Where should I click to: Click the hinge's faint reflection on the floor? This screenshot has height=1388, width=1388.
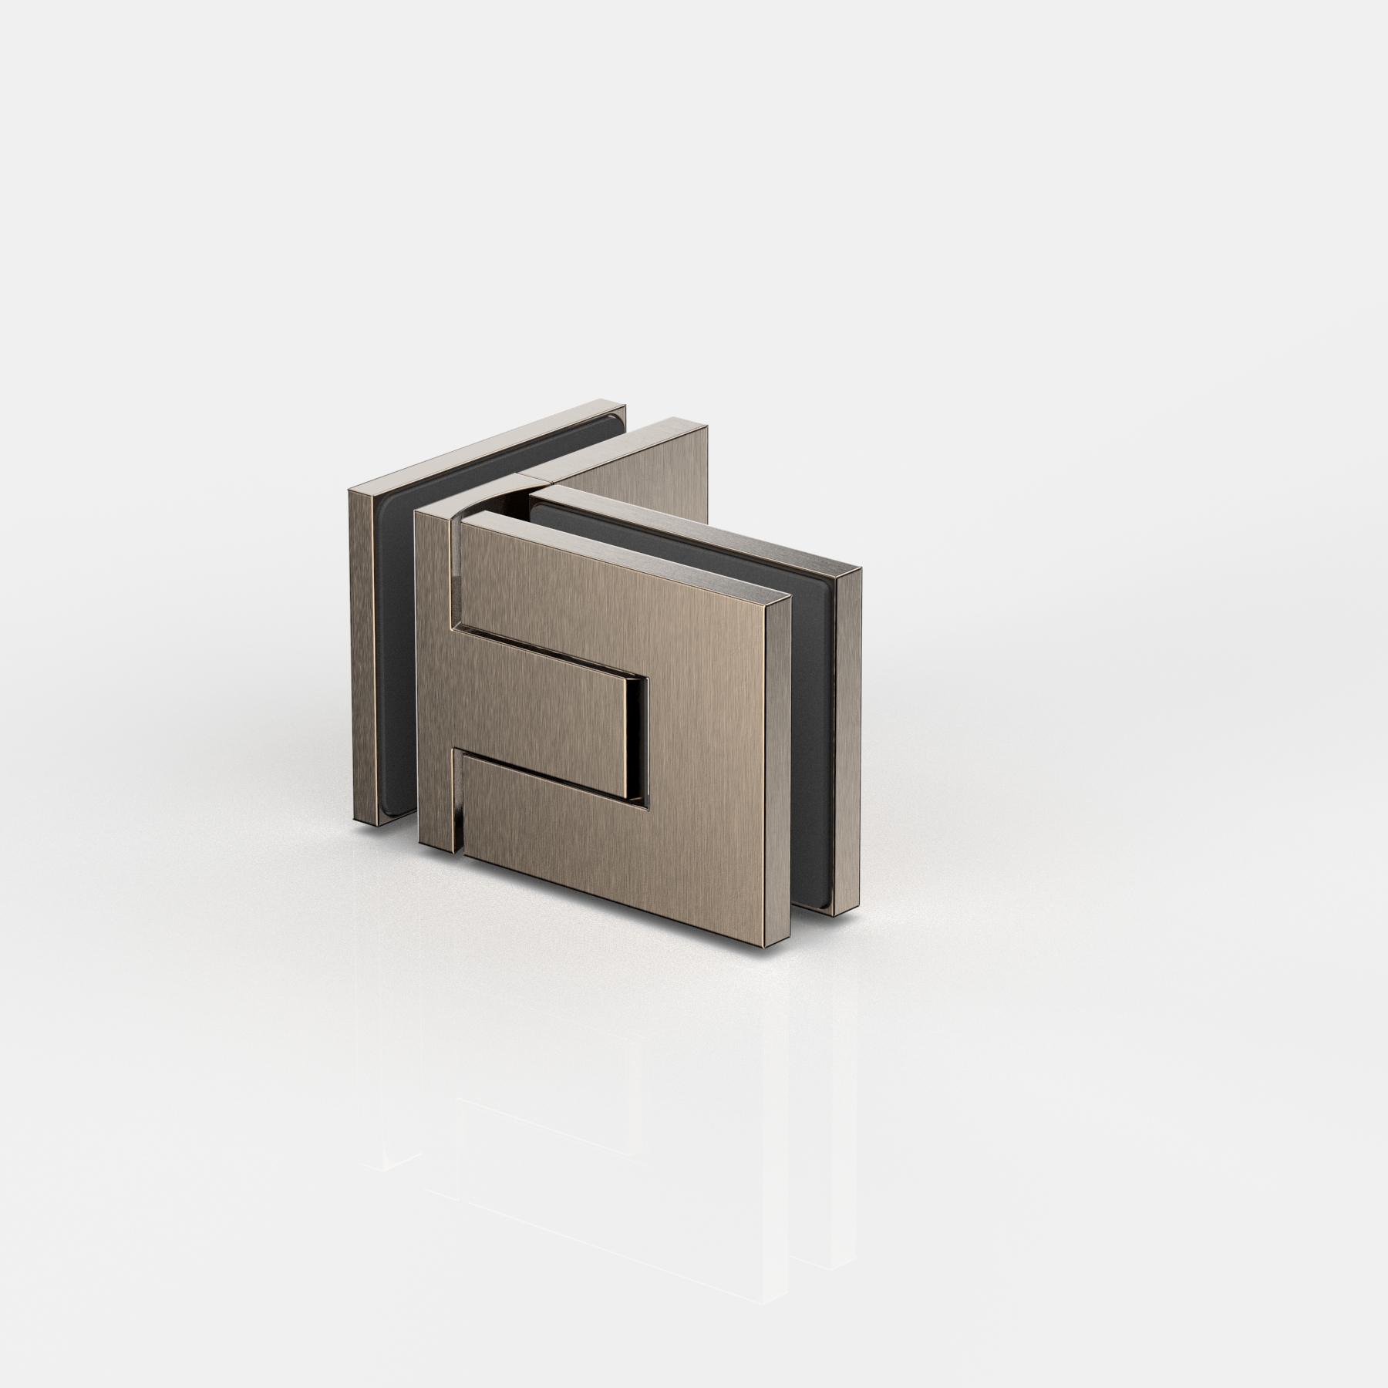(x=617, y=1118)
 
